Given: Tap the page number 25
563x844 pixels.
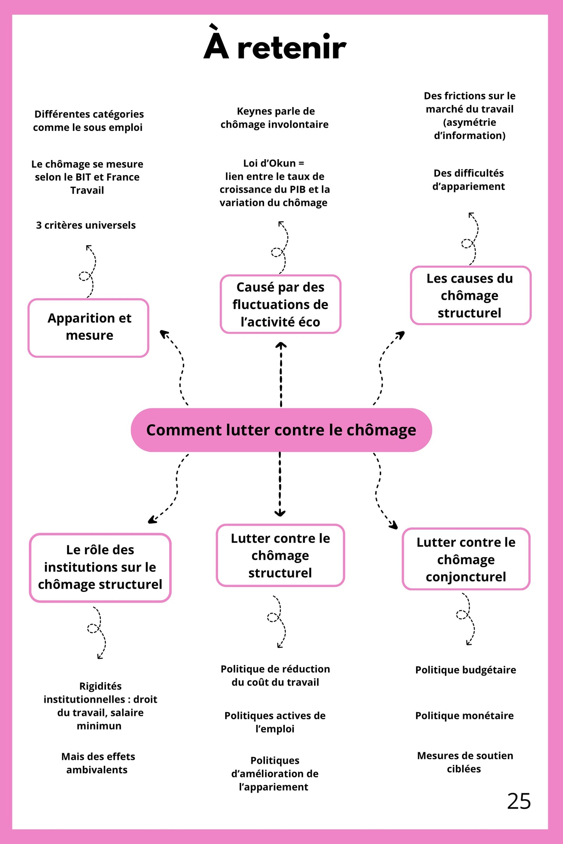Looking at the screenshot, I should pos(519,801).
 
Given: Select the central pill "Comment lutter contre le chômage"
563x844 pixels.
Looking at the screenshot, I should pos(281,430).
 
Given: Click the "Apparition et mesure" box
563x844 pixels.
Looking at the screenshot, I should pos(89,327).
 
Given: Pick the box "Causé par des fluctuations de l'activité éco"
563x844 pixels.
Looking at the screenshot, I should pos(280,304).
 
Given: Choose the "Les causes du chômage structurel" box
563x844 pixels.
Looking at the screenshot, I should pos(470,295).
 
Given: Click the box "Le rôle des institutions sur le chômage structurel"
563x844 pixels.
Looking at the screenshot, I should pos(100,567).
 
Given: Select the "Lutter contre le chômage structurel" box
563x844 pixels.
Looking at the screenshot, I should pos(280,555).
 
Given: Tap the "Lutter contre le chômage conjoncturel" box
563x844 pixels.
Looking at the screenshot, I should pos(466,559).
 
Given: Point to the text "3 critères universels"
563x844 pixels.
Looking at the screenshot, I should pos(86,225).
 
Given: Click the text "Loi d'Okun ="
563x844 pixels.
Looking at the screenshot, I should pos(274,163).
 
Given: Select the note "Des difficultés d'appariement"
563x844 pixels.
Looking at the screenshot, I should pos(468,180).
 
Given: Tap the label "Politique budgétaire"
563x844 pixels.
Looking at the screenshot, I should pos(466,670).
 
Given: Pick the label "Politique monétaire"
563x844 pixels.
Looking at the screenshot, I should pos(464,716).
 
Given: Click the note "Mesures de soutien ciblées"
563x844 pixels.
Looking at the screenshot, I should pos(465,762).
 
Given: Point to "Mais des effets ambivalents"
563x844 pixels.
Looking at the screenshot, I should pos(98,763).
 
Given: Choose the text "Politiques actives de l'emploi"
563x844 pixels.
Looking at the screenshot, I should pos(275,722).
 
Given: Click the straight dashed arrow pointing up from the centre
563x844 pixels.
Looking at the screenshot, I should pos(281,374).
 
